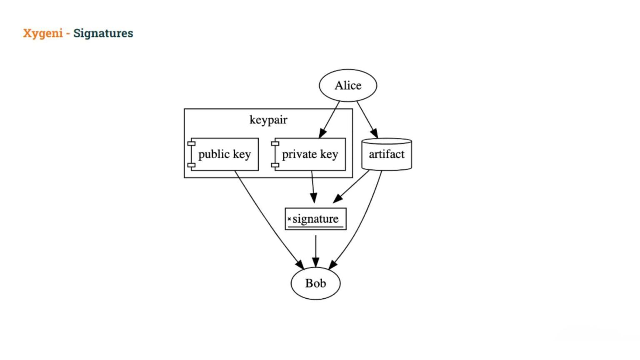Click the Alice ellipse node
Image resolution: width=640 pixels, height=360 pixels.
tap(348, 85)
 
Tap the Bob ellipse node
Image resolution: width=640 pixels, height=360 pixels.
tap(315, 283)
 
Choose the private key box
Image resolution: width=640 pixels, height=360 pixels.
tap(310, 154)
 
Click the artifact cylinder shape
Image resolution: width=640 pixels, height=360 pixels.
tap(387, 154)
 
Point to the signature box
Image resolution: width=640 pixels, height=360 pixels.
tap(315, 219)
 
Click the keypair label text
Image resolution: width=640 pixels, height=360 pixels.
tap(268, 120)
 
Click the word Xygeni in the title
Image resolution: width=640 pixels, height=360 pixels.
tap(42, 33)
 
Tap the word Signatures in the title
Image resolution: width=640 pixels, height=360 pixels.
tap(103, 33)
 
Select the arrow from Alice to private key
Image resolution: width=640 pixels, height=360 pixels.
tap(329, 120)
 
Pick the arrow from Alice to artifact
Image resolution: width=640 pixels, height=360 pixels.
tap(367, 119)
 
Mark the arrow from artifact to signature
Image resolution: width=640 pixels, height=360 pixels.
tap(351, 187)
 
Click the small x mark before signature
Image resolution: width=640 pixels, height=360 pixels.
tap(289, 219)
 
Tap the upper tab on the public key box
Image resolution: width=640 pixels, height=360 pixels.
tap(192, 144)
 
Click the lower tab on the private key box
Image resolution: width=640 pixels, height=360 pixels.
tap(275, 165)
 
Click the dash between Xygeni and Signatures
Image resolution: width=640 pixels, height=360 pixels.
tap(68, 33)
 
